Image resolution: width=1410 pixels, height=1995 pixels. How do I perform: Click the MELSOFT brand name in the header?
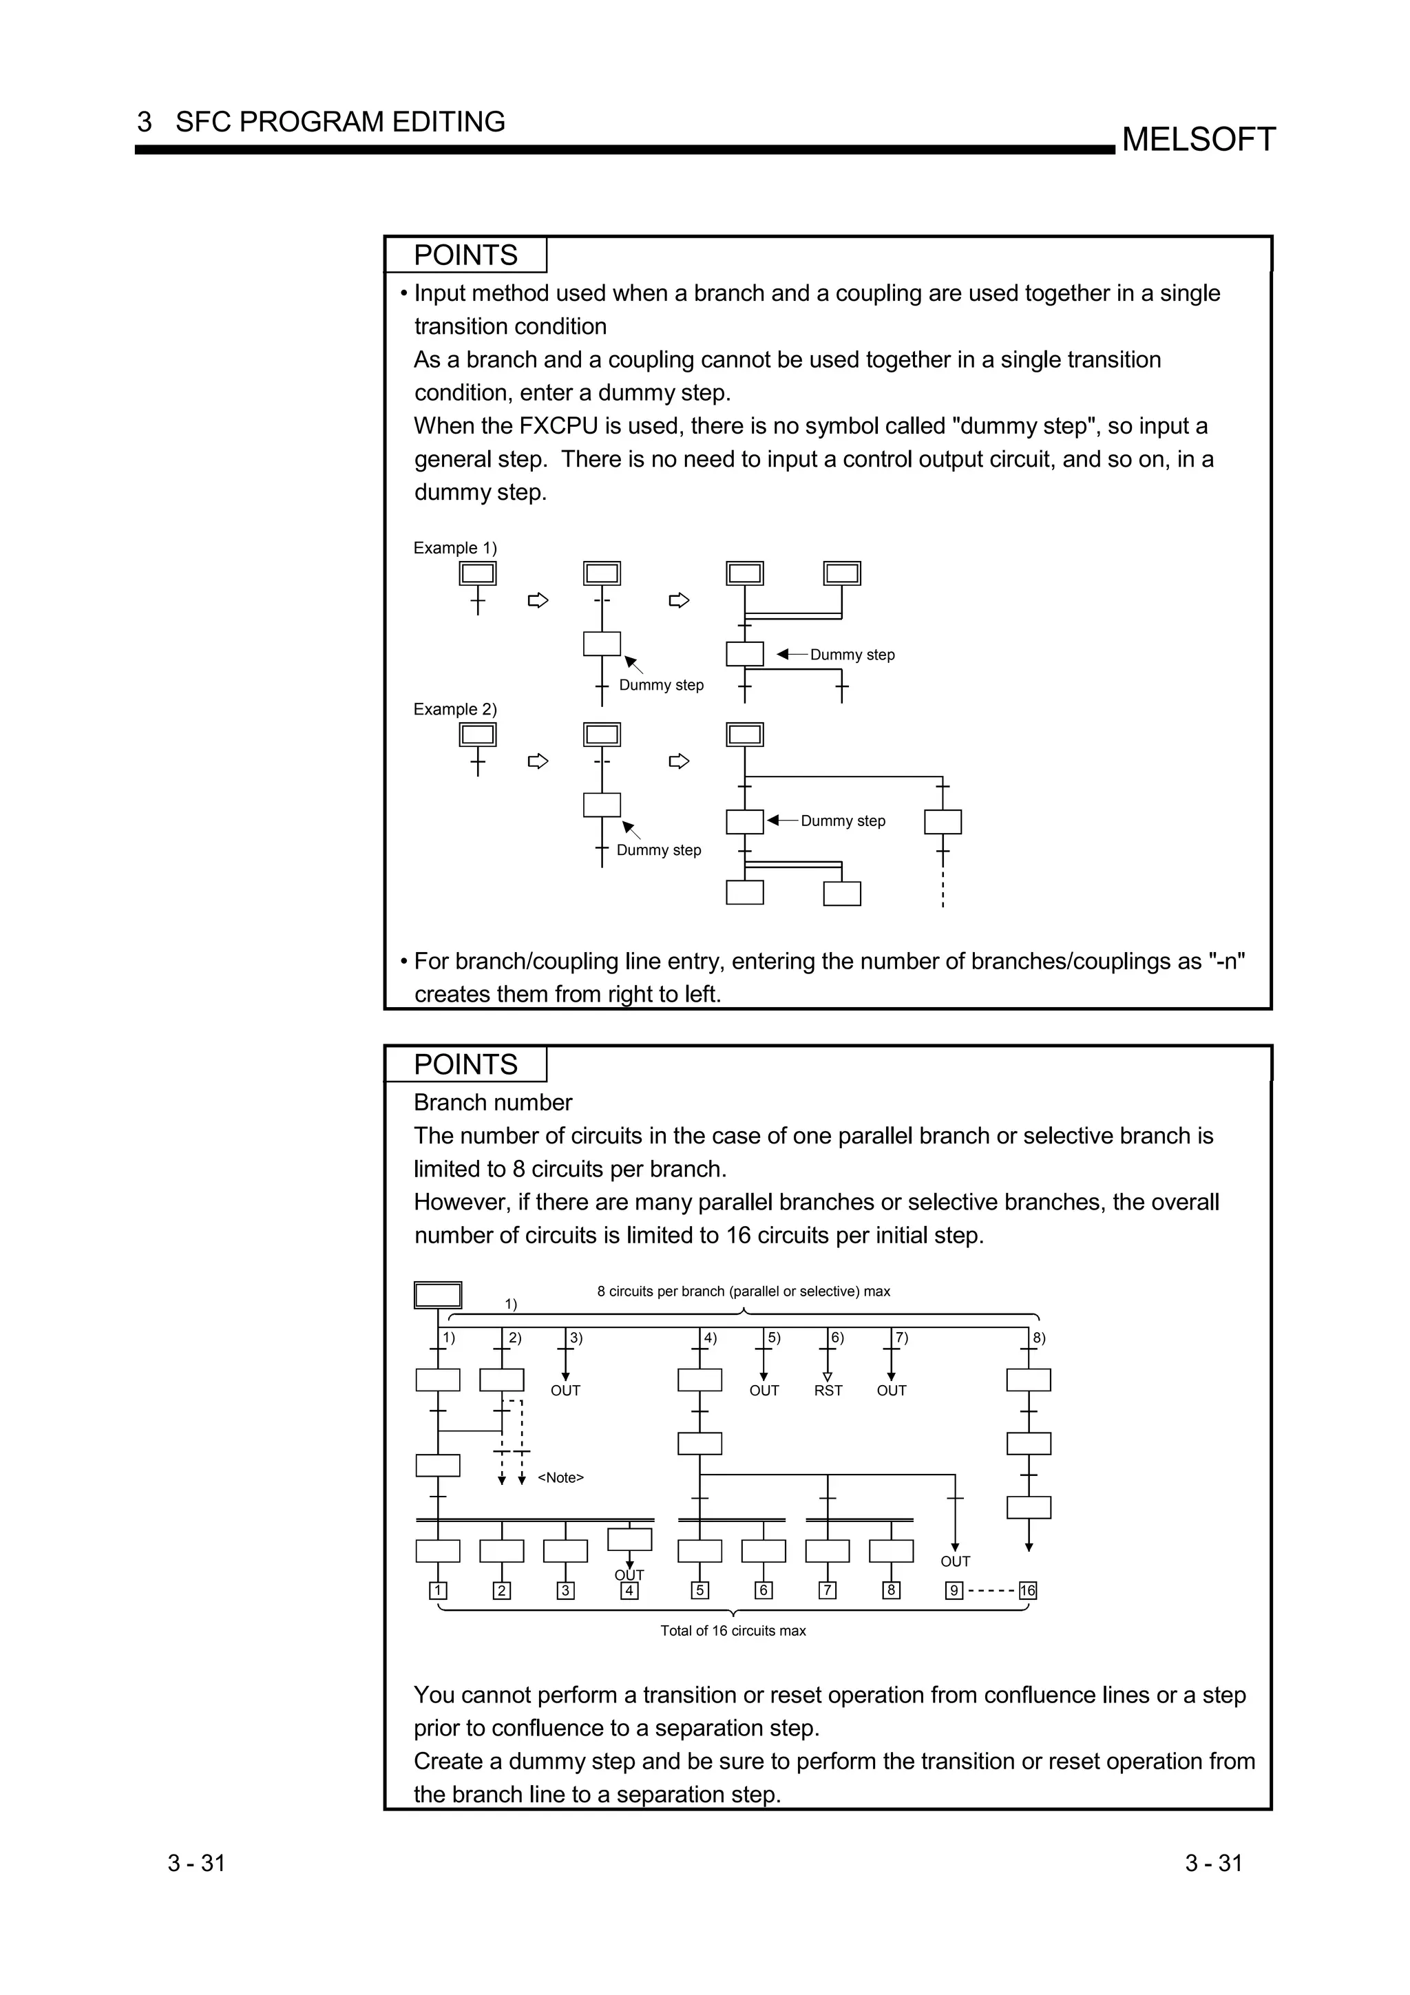point(1198,139)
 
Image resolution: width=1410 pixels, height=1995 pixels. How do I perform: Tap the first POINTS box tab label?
point(465,255)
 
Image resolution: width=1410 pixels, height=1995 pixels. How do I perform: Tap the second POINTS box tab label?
point(465,1064)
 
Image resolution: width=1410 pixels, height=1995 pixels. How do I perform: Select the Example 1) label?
point(455,548)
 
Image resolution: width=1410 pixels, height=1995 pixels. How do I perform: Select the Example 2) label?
point(455,709)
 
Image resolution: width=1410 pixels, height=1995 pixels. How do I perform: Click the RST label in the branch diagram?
point(828,1391)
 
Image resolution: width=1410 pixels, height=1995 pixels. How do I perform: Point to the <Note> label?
point(560,1478)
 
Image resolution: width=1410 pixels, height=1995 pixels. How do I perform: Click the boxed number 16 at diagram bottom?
point(1028,1591)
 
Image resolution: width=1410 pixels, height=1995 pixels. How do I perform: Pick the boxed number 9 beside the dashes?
point(954,1591)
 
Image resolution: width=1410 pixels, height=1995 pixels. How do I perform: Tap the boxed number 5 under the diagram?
point(699,1591)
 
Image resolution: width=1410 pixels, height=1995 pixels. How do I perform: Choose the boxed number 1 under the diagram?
point(438,1591)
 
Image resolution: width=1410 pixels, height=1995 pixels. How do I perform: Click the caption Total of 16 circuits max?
point(733,1631)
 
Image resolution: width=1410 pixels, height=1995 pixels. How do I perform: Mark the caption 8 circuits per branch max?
point(743,1292)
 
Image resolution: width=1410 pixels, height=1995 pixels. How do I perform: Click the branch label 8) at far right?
point(1039,1338)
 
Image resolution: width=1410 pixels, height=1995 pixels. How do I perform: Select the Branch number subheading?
point(492,1103)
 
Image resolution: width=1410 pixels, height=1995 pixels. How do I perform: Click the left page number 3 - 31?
point(196,1864)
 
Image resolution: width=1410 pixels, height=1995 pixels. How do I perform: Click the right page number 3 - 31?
point(1214,1864)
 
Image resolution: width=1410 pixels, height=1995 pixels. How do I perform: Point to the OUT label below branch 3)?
point(565,1391)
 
